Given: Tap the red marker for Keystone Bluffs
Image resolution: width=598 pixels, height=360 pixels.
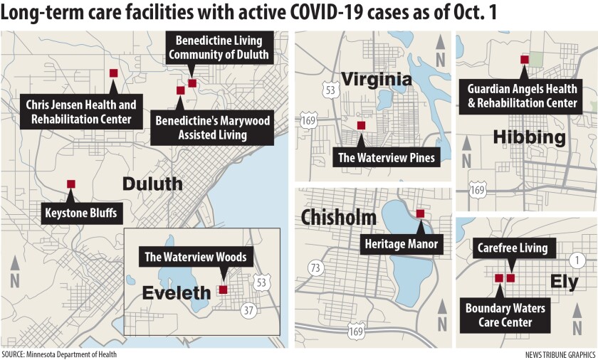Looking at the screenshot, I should (70, 184).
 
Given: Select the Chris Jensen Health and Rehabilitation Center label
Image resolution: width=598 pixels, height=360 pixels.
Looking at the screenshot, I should (80, 112).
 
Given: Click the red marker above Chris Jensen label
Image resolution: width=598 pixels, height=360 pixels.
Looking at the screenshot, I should (113, 73).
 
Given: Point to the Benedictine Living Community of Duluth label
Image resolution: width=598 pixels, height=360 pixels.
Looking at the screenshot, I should (219, 48).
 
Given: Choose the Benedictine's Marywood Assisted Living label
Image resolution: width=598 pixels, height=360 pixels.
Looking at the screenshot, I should (212, 127).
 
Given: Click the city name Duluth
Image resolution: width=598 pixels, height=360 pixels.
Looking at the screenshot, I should (152, 184).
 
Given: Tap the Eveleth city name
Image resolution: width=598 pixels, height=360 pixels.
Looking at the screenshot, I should (177, 292).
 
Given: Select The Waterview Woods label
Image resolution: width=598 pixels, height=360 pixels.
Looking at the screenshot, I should (196, 257).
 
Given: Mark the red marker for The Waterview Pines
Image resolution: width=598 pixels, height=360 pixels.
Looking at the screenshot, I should (361, 125).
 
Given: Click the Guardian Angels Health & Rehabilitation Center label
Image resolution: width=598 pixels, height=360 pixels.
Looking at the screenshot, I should (522, 96).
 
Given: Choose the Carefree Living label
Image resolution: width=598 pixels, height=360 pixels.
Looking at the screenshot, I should (513, 248).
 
